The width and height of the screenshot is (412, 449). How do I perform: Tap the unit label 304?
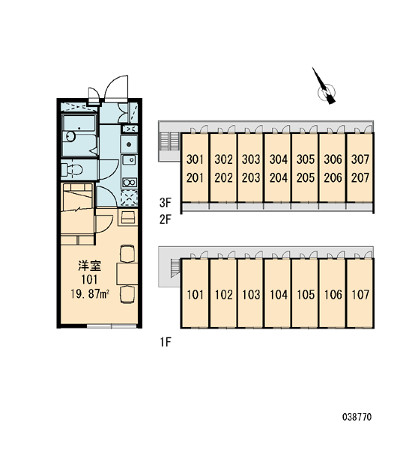point(279,159)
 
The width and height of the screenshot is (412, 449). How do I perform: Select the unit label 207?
point(360,178)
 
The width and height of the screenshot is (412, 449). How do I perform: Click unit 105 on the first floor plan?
point(306,295)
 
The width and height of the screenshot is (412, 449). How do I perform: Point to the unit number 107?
point(360,295)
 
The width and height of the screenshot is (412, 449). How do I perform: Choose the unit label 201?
point(195,178)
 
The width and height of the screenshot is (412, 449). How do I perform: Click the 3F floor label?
point(165,203)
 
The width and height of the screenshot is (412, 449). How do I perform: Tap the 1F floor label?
point(166,342)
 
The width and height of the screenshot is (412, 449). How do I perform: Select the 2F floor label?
point(165,219)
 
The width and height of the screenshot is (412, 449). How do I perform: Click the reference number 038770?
point(357,417)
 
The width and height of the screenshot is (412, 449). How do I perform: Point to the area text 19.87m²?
point(90,294)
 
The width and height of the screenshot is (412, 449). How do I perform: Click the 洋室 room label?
point(90,266)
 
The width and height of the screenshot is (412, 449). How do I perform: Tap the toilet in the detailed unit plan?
point(72,170)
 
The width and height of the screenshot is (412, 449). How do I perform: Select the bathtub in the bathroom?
point(79,135)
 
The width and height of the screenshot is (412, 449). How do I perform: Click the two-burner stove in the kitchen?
point(130,182)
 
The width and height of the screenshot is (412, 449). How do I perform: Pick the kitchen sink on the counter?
point(130,159)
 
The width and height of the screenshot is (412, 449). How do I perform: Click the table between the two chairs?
point(127,274)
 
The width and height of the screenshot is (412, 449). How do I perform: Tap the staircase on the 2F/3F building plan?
point(170,141)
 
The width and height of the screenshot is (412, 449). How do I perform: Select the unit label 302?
point(224,159)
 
